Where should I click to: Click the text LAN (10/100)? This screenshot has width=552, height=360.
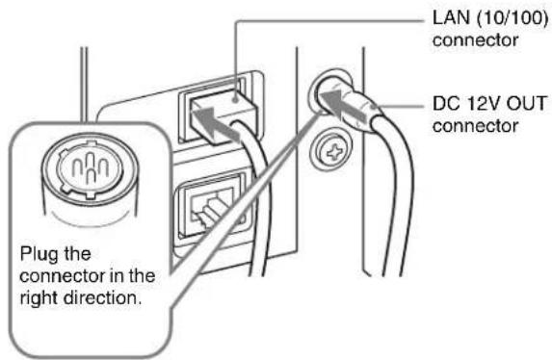[x=490, y=18]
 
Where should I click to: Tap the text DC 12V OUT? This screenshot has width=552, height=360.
[x=488, y=104]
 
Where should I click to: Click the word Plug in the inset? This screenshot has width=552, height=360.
[x=38, y=255]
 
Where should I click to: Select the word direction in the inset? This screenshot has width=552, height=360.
[x=102, y=297]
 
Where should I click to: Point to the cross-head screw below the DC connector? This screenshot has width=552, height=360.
[x=332, y=152]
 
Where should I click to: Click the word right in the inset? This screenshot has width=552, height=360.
[x=39, y=298]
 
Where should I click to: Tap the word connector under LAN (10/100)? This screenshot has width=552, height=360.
[x=475, y=40]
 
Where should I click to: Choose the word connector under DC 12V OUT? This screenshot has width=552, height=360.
[x=475, y=126]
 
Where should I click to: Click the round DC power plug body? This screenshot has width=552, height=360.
[x=349, y=106]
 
